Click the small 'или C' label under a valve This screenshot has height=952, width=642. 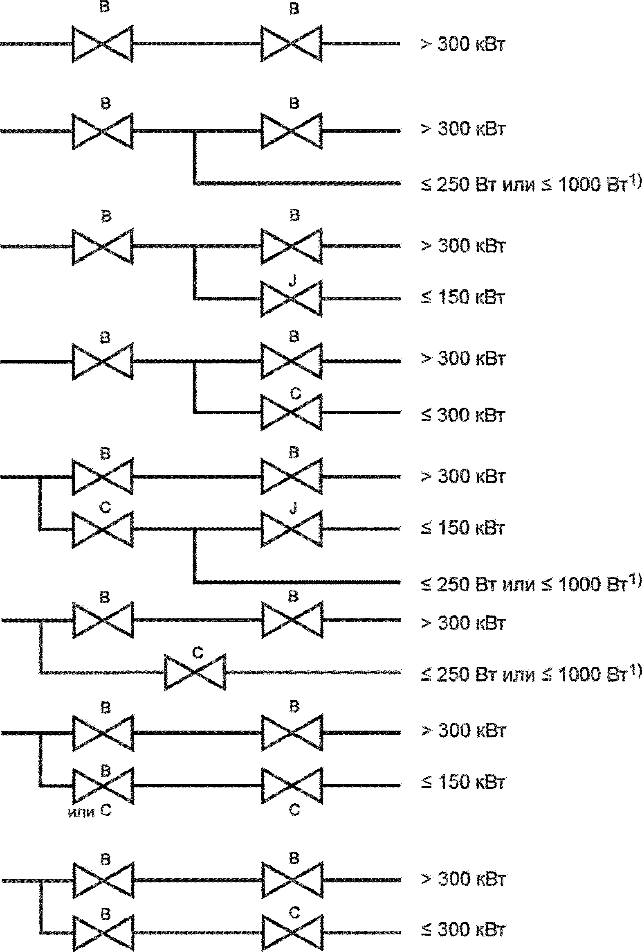pyautogui.click(x=89, y=811)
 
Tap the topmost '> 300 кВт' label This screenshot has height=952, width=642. pyautogui.click(x=463, y=45)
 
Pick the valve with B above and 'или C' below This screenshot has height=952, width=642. pyautogui.click(x=103, y=786)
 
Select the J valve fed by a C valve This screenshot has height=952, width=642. pyautogui.click(x=292, y=529)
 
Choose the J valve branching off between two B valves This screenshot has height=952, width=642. pyautogui.click(x=292, y=299)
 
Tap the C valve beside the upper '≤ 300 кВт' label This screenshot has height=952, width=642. pyautogui.click(x=292, y=412)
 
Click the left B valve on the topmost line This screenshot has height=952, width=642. pyautogui.click(x=103, y=44)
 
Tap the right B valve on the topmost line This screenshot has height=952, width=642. pyautogui.click(x=292, y=44)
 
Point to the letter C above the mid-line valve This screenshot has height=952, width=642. pyautogui.click(x=198, y=652)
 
